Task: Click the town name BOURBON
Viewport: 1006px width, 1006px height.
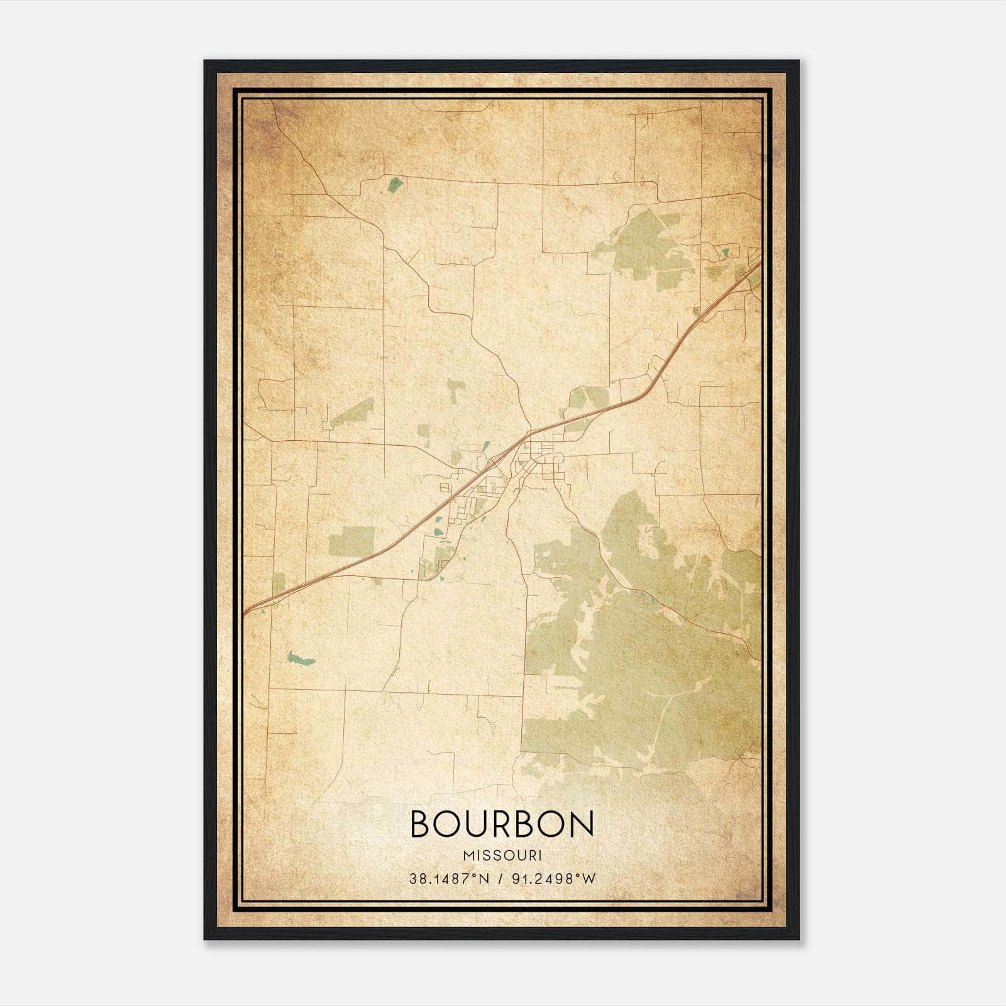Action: (x=502, y=824)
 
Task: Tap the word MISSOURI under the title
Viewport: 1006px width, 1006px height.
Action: (x=502, y=856)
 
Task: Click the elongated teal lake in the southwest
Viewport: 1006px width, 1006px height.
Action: (x=301, y=659)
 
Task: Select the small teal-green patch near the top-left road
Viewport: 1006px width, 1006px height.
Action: (x=395, y=184)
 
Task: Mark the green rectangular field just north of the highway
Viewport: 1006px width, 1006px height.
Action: (x=351, y=541)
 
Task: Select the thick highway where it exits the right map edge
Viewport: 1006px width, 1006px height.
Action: (x=758, y=264)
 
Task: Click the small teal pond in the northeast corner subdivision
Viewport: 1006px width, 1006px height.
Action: (x=726, y=252)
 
